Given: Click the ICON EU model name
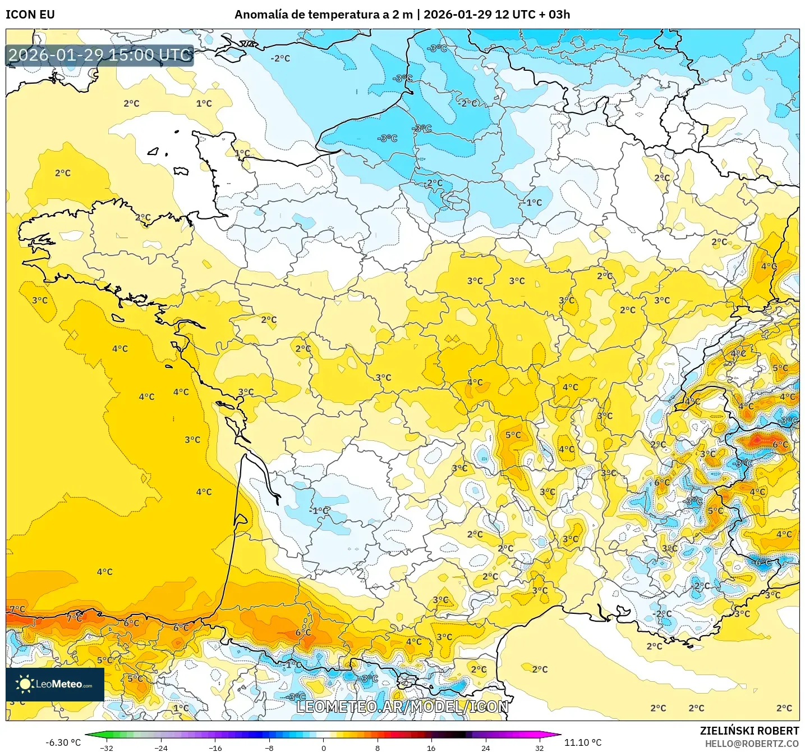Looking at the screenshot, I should (30, 15).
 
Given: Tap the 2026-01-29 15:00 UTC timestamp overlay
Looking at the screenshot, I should (100, 55).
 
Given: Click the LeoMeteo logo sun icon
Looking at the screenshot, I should (25, 683).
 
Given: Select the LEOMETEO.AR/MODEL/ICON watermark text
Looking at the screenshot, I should (402, 707).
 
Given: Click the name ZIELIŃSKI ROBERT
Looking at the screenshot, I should (749, 731).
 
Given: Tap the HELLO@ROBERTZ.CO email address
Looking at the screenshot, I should (752, 744).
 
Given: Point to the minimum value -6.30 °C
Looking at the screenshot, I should (63, 742).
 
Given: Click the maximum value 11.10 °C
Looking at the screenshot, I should (583, 742).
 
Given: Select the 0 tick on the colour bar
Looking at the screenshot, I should (323, 748).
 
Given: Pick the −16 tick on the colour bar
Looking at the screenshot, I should (215, 748).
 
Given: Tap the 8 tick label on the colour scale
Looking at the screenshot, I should (378, 748).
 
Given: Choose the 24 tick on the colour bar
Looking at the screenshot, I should (486, 748).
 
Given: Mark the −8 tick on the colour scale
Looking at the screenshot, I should (269, 748).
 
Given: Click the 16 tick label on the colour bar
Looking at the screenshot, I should (431, 748).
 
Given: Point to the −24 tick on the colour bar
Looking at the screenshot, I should (160, 748).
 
